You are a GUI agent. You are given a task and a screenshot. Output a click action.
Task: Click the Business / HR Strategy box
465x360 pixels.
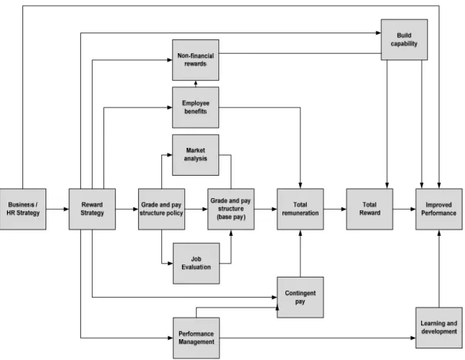23,209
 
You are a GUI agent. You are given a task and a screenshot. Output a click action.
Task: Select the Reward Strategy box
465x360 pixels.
93,209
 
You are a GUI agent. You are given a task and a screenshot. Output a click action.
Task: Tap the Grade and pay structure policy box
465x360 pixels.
162,209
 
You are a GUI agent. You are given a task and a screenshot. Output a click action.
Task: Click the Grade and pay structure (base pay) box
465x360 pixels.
231,209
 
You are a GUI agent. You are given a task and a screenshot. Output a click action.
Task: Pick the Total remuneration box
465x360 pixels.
301,209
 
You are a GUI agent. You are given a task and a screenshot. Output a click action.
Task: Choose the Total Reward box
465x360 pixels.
370,209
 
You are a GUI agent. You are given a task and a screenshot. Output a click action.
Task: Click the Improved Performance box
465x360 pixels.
439,209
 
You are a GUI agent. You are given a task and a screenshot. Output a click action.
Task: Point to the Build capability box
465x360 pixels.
404,40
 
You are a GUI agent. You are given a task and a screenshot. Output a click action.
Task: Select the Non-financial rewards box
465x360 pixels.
196,60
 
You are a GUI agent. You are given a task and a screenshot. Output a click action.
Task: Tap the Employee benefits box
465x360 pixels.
196,107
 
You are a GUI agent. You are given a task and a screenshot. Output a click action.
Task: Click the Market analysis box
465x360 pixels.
196,155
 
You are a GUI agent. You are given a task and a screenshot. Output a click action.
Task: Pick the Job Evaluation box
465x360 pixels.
197,264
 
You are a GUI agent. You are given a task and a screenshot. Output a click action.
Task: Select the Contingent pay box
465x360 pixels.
301,298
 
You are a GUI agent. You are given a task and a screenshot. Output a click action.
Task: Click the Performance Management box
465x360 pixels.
197,338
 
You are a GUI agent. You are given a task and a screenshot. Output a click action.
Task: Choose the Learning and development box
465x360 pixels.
439,328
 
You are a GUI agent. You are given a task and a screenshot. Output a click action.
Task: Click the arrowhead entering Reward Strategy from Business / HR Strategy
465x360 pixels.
66,209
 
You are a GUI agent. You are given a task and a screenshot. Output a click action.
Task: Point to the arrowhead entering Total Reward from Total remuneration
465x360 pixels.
344,209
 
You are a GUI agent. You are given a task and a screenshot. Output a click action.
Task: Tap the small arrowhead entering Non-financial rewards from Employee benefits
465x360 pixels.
196,82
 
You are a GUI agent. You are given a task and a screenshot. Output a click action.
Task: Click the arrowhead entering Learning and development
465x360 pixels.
413,338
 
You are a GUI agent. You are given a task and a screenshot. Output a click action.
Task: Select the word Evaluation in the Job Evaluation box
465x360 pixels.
197,267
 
